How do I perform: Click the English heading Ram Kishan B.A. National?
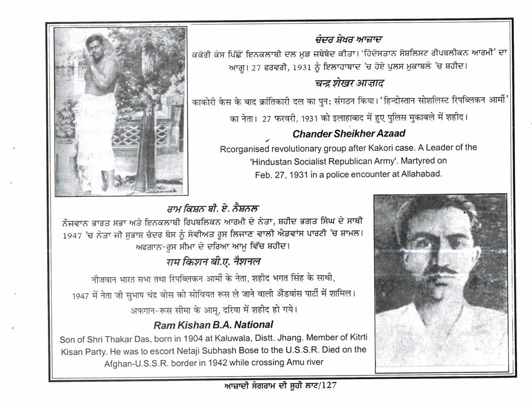coord(213,324)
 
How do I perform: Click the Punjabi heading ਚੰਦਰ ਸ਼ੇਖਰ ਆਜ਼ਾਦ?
coord(348,40)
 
